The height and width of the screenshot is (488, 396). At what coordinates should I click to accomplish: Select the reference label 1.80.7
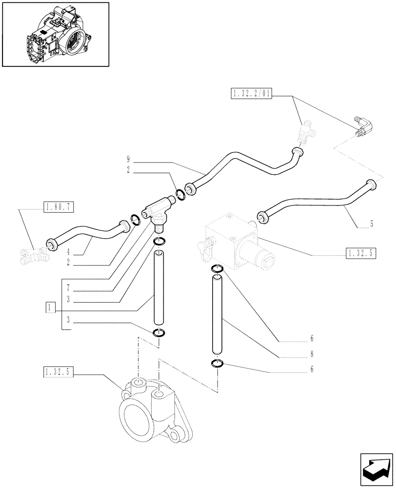coord(59,207)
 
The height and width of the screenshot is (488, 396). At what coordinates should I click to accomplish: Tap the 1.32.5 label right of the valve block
coord(361,253)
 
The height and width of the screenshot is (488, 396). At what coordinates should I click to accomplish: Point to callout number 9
coord(128,159)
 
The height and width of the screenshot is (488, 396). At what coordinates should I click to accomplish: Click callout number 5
coord(371,224)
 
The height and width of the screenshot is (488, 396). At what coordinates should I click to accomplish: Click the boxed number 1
coord(50,307)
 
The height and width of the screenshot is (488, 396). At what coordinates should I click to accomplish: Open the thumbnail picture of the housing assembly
coord(56,34)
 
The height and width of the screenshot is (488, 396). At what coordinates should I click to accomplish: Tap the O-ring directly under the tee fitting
coord(159,241)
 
